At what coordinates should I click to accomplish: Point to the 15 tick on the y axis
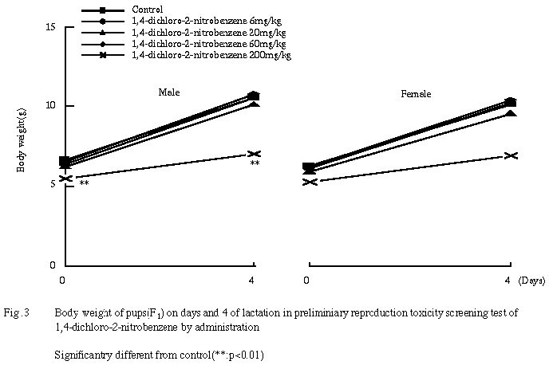point(49,27)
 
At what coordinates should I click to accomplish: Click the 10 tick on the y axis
point(49,106)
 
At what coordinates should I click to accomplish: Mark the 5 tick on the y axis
point(52,185)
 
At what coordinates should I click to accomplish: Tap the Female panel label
point(416,94)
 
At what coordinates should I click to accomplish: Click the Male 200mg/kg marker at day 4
point(254,154)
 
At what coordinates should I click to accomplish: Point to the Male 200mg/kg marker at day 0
point(65,178)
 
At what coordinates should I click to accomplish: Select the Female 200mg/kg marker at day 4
point(511,155)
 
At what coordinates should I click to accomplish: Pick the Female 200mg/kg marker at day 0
point(310,182)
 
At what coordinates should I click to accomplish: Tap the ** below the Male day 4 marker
point(255,164)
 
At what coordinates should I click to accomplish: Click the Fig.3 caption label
point(17,313)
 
